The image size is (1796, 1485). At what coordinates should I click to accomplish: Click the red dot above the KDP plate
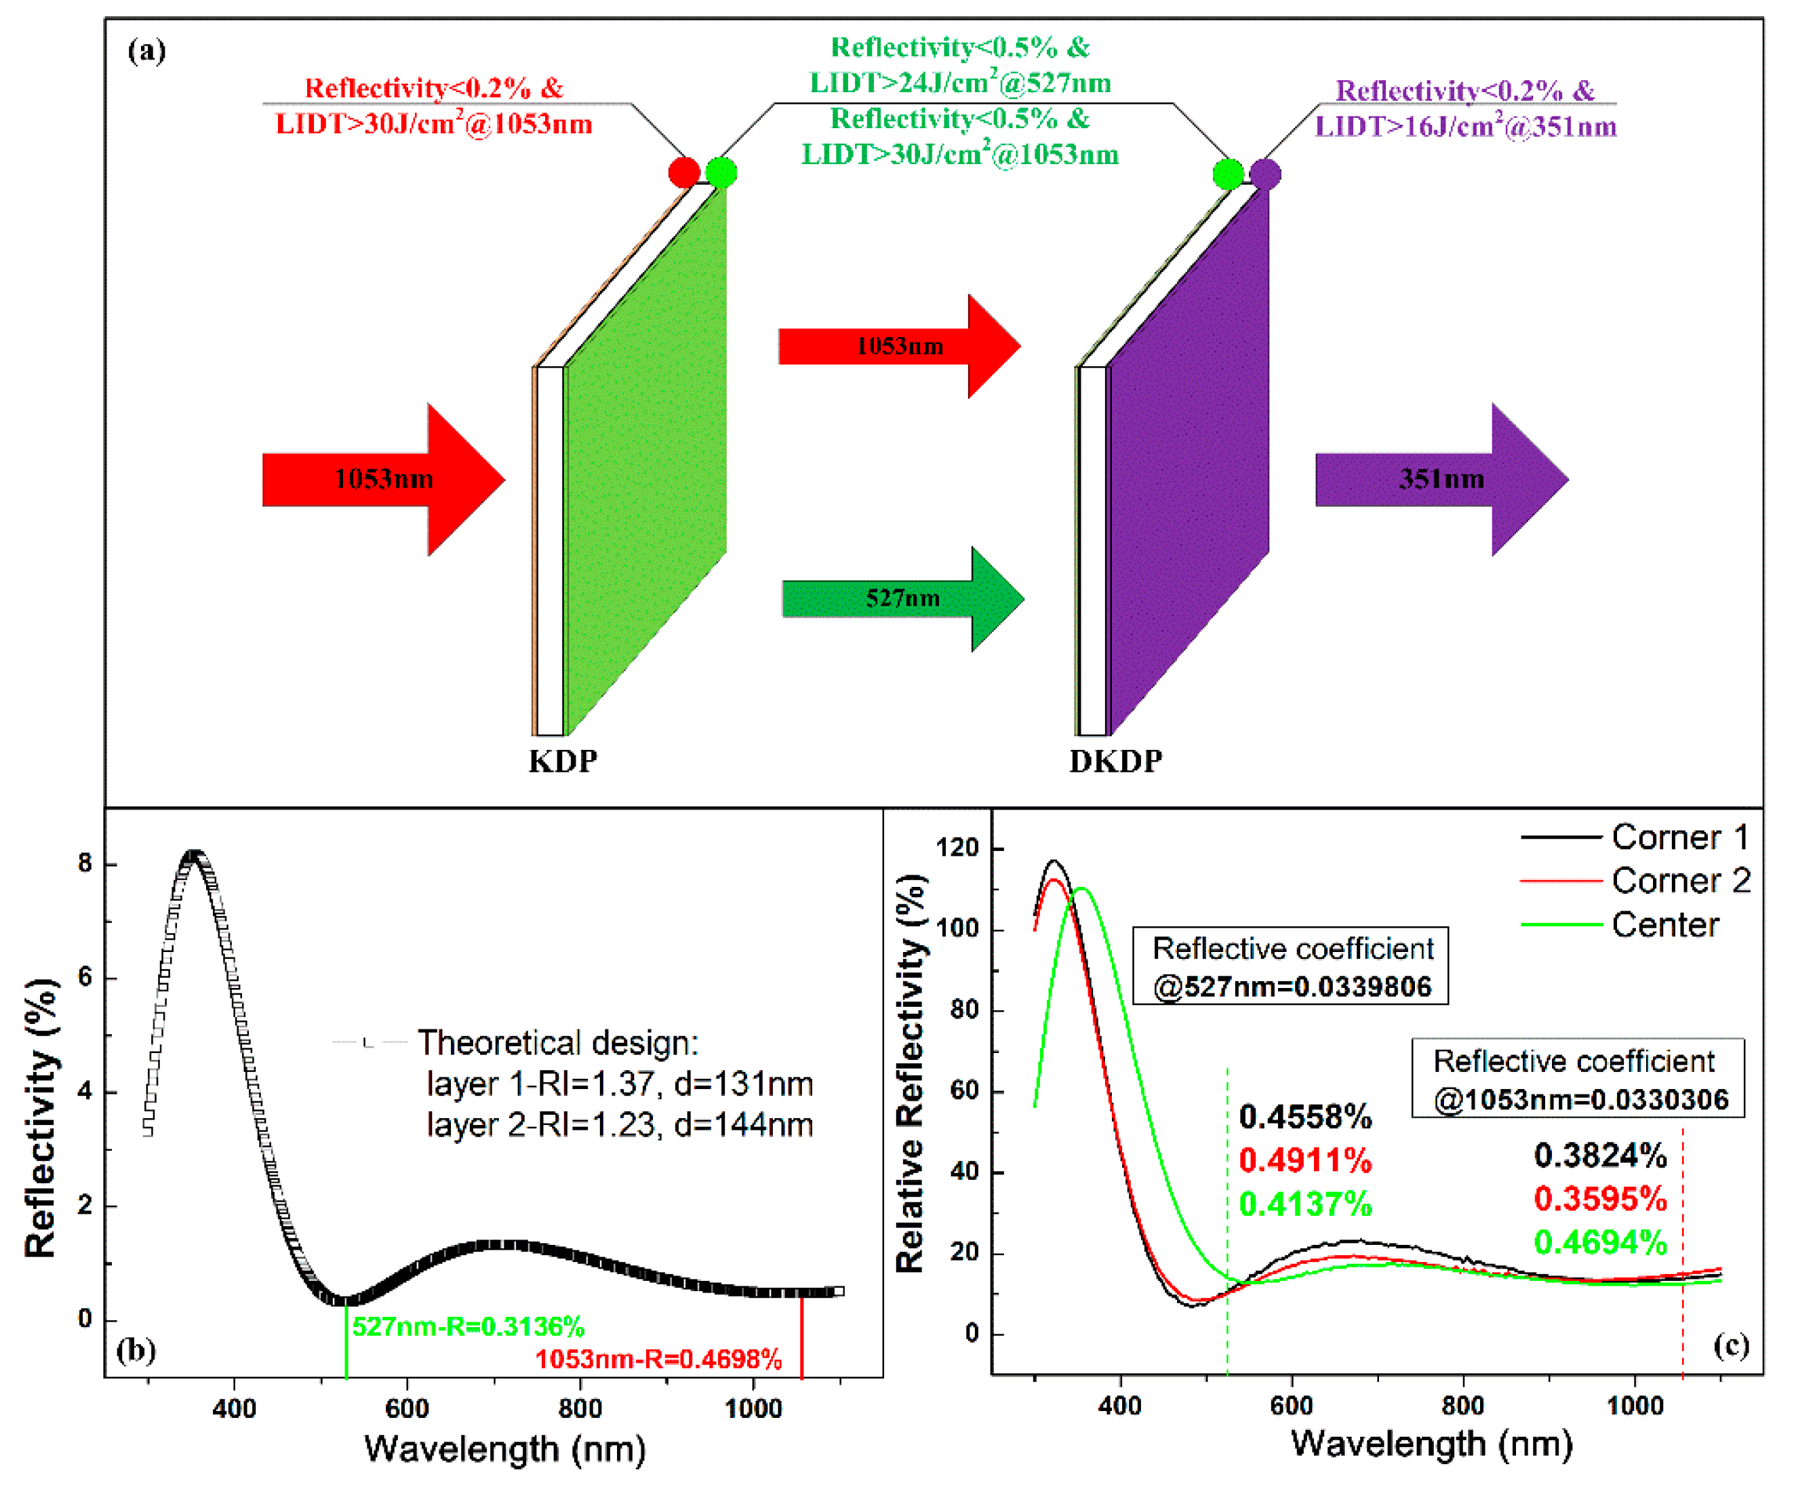683,172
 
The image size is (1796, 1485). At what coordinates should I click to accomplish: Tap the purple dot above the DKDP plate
1265,174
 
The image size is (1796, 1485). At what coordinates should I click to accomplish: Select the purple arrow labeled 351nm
1441,479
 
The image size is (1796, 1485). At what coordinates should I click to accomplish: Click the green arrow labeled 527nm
902,598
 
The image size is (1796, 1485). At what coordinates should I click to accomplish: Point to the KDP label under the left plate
562,760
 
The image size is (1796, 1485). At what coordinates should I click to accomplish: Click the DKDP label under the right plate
1115,760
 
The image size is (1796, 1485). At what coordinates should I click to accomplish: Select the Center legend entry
1664,925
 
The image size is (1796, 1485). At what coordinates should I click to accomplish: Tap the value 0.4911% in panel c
1305,1161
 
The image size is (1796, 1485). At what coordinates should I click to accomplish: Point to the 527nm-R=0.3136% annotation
468,1327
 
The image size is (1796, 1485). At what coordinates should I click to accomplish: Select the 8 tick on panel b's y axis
85,863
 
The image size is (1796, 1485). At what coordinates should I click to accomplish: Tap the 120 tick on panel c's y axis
957,848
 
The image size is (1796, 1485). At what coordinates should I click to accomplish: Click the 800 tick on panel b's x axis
580,1408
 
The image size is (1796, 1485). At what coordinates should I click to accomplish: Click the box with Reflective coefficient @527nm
1290,966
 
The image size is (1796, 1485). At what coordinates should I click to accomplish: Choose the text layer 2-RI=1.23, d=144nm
619,1125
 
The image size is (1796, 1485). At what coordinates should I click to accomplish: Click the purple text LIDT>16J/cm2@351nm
1465,127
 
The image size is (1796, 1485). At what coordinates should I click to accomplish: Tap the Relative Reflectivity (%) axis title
910,1073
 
